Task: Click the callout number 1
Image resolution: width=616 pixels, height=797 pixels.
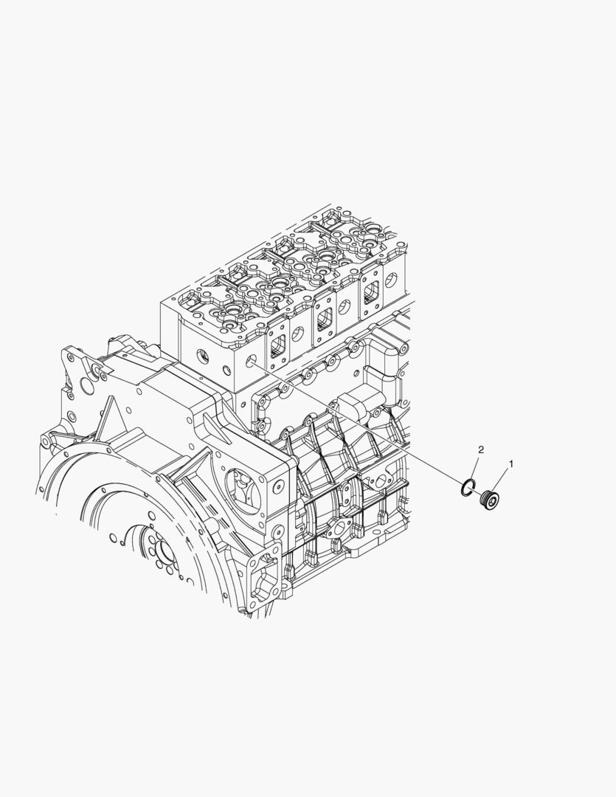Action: click(x=511, y=463)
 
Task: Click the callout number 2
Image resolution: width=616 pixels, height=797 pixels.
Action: click(x=481, y=449)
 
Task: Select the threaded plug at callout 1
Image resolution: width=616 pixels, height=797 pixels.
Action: click(x=490, y=500)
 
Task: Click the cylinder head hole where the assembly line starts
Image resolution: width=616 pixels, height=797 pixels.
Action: click(x=251, y=362)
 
